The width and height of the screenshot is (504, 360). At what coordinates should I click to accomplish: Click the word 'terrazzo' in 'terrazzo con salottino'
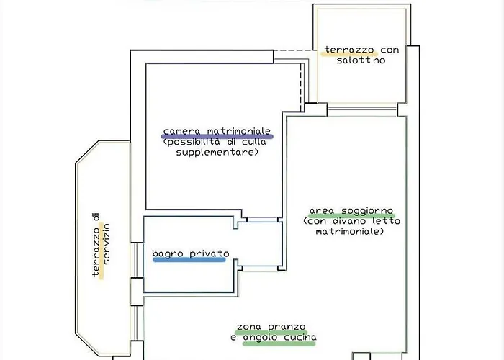pyautogui.click(x=349, y=50)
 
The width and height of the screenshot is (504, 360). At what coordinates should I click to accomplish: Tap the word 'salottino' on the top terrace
pyautogui.click(x=361, y=60)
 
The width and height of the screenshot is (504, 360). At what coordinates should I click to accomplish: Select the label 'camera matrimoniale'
pyautogui.click(x=217, y=131)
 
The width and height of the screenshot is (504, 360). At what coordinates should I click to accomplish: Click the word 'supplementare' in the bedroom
pyautogui.click(x=217, y=152)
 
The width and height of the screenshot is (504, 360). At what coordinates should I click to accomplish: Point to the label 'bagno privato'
pyautogui.click(x=190, y=254)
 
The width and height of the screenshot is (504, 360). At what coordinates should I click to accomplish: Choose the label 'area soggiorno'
pyautogui.click(x=341, y=211)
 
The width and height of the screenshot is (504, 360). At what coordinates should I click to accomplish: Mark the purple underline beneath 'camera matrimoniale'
pyautogui.click(x=217, y=136)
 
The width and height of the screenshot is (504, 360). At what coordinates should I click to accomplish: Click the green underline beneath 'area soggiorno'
pyautogui.click(x=341, y=216)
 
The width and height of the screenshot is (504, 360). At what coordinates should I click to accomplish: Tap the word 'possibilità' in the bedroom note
pyautogui.click(x=192, y=142)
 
